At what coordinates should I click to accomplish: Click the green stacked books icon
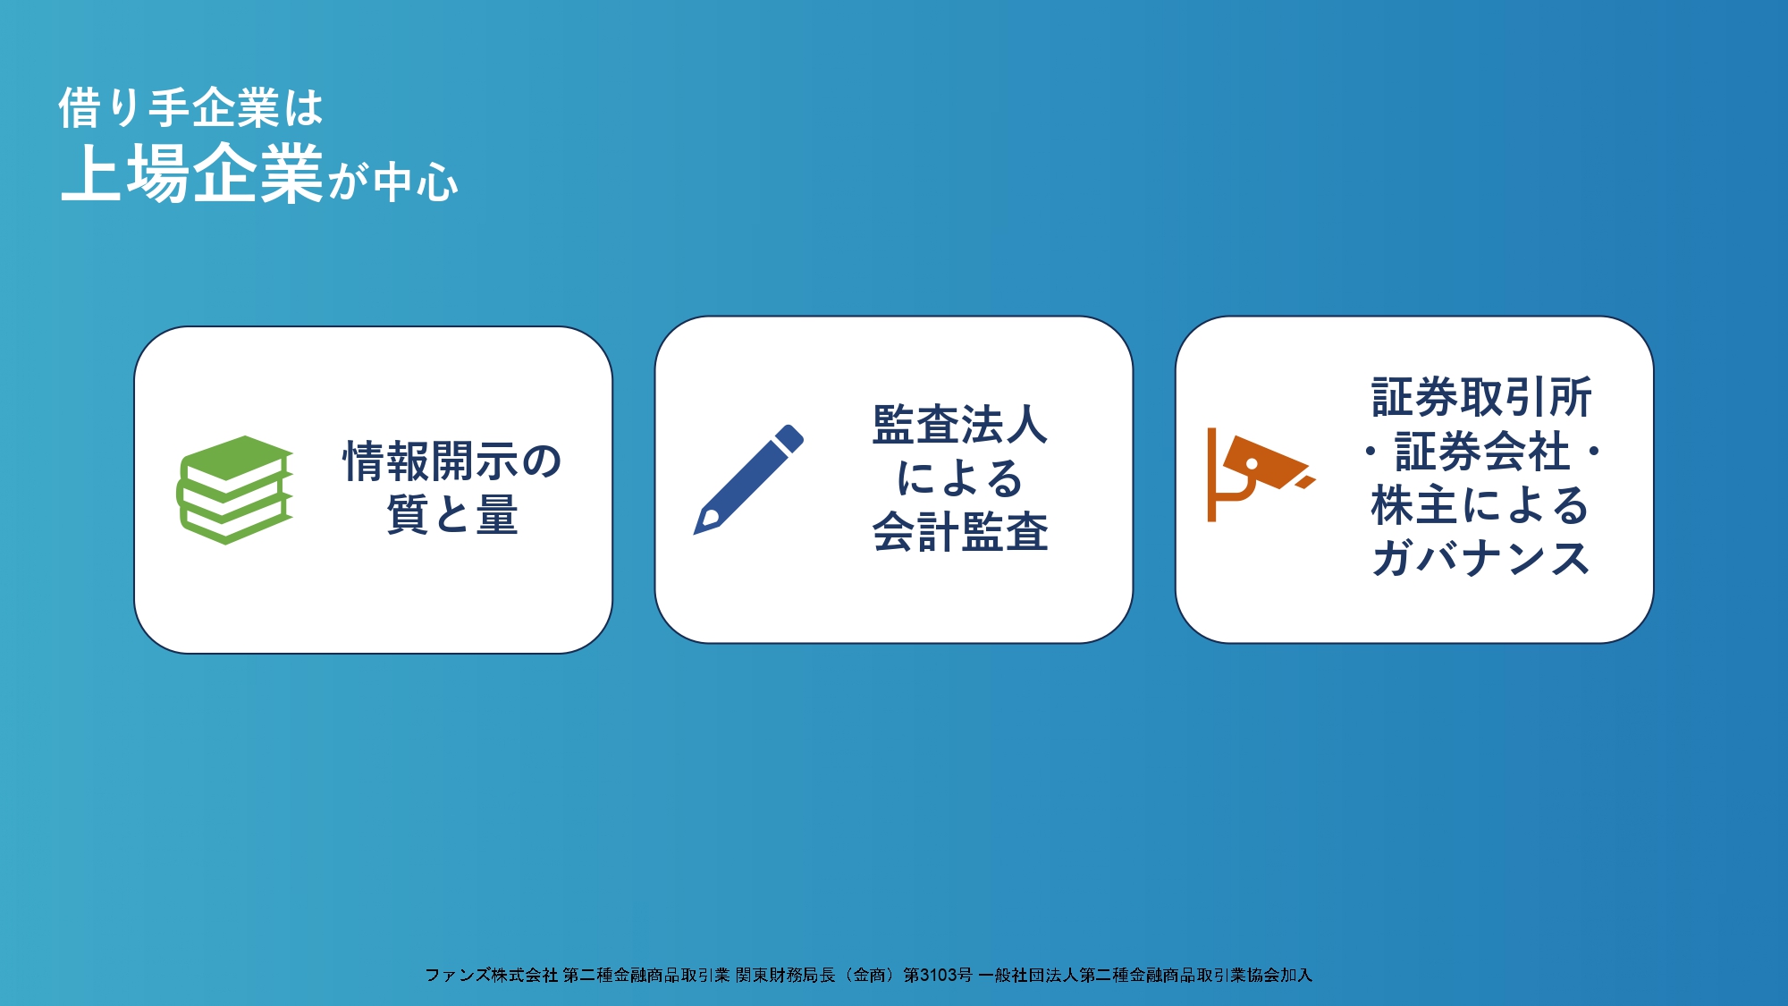(235, 490)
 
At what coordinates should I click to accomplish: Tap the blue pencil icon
(749, 479)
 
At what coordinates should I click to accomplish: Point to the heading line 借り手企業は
(190, 108)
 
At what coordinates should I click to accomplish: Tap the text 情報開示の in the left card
(452, 461)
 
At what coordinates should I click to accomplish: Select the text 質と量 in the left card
(452, 515)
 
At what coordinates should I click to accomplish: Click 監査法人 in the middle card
(960, 425)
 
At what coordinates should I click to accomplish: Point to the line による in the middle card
(960, 478)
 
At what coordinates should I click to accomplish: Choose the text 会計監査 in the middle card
(960, 532)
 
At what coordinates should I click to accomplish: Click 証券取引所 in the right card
(1481, 398)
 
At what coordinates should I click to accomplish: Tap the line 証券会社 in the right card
(1481, 452)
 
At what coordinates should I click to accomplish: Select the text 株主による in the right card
(1480, 505)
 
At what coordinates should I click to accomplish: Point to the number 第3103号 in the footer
(938, 975)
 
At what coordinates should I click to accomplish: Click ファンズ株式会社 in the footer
(492, 975)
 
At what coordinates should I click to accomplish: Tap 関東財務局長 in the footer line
(786, 975)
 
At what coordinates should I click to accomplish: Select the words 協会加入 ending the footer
(1279, 975)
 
